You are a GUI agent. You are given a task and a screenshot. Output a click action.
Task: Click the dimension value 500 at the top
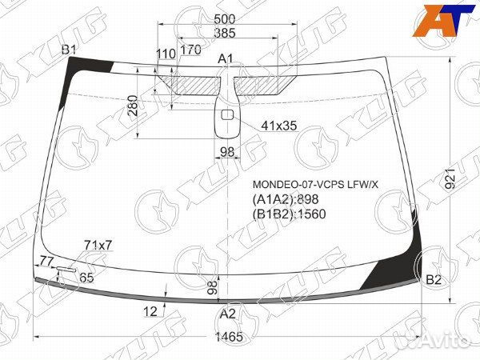coord(226,19)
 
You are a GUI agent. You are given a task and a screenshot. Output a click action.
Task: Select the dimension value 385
coord(225,34)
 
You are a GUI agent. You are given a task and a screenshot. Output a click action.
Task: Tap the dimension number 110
coord(166,54)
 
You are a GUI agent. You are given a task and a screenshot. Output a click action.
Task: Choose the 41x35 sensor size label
coord(279,125)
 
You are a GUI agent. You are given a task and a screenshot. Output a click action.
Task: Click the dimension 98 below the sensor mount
coord(227,153)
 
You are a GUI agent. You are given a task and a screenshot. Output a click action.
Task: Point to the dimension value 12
coord(150,312)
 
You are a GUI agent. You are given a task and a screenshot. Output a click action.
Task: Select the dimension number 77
coord(46,261)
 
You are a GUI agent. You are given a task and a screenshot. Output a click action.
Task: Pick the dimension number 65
coord(86,278)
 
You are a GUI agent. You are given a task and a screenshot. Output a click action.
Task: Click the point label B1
coord(70,50)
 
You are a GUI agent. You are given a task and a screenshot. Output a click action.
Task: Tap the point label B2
coord(433,279)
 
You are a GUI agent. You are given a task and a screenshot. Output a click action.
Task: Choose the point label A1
coord(226,58)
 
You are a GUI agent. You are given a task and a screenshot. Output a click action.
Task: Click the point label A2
coord(228,314)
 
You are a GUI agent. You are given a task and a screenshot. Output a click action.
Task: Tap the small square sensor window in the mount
coord(226,114)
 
